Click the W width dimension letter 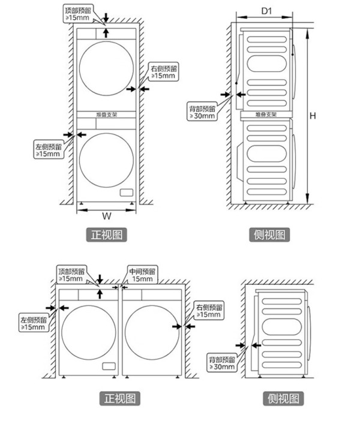107,216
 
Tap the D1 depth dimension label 266,11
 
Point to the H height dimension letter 313,116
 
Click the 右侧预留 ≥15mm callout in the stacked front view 164,72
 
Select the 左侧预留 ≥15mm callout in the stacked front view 49,150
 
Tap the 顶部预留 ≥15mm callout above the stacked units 78,14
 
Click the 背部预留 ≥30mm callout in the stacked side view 202,112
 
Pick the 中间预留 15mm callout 142,275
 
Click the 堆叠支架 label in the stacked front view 107,115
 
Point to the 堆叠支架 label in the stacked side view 266,115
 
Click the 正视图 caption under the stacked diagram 107,234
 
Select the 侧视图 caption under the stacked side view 269,234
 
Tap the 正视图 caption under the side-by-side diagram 120,398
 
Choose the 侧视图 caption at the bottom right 283,398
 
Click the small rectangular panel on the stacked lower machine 127,193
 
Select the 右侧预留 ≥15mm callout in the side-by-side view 209,311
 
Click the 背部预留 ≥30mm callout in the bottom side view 222,363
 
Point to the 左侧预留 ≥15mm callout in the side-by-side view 34,323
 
